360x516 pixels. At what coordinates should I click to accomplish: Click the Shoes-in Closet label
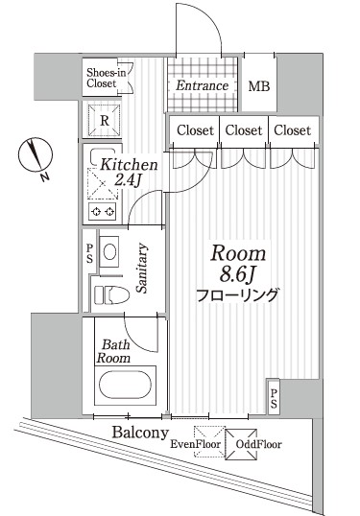pyautogui.click(x=103, y=78)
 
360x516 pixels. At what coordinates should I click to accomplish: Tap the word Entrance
pyautogui.click(x=203, y=86)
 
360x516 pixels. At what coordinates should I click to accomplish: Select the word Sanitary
pyautogui.click(x=141, y=268)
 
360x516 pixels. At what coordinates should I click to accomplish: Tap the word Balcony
pyautogui.click(x=134, y=433)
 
